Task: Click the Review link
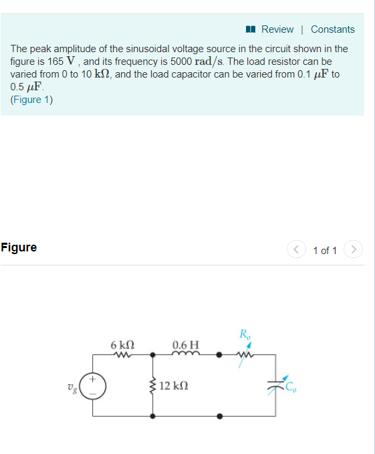pos(277,29)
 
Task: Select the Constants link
pos(332,29)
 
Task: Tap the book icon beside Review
pos(251,29)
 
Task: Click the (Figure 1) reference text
pos(31,100)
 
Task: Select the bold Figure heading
pos(19,247)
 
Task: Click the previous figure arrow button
pos(296,250)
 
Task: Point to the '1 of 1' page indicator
pos(325,251)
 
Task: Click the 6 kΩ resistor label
pos(122,345)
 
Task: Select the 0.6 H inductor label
pos(185,345)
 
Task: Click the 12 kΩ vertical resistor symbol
pos(154,386)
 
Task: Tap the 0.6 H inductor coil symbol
pos(184,355)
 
